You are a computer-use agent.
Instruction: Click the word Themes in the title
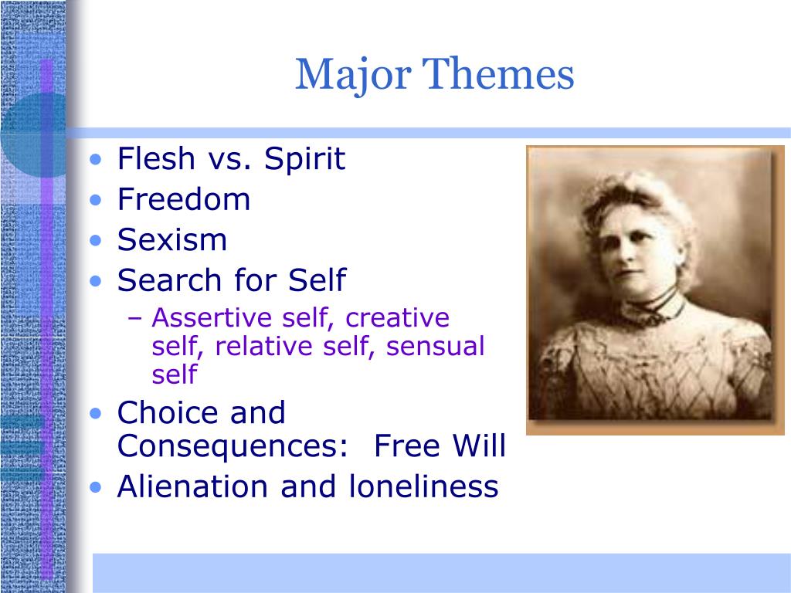pyautogui.click(x=498, y=73)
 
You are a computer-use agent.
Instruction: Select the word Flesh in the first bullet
pyautogui.click(x=156, y=158)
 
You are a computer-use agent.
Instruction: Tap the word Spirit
pyautogui.click(x=304, y=160)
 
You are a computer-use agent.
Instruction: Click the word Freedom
pyautogui.click(x=184, y=198)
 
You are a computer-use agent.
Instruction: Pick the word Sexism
pyautogui.click(x=172, y=239)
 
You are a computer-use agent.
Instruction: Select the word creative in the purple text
pyautogui.click(x=398, y=317)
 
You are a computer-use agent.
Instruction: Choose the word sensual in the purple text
pyautogui.click(x=436, y=346)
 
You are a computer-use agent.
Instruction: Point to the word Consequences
pyautogui.click(x=233, y=446)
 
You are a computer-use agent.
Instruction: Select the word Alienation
pyautogui.click(x=192, y=486)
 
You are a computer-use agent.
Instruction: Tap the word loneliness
pyautogui.click(x=424, y=486)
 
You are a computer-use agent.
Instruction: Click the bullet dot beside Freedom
pyautogui.click(x=95, y=200)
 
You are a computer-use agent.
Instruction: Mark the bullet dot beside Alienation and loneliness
pyautogui.click(x=95, y=488)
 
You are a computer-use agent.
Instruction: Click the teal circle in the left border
pyautogui.click(x=33, y=135)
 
